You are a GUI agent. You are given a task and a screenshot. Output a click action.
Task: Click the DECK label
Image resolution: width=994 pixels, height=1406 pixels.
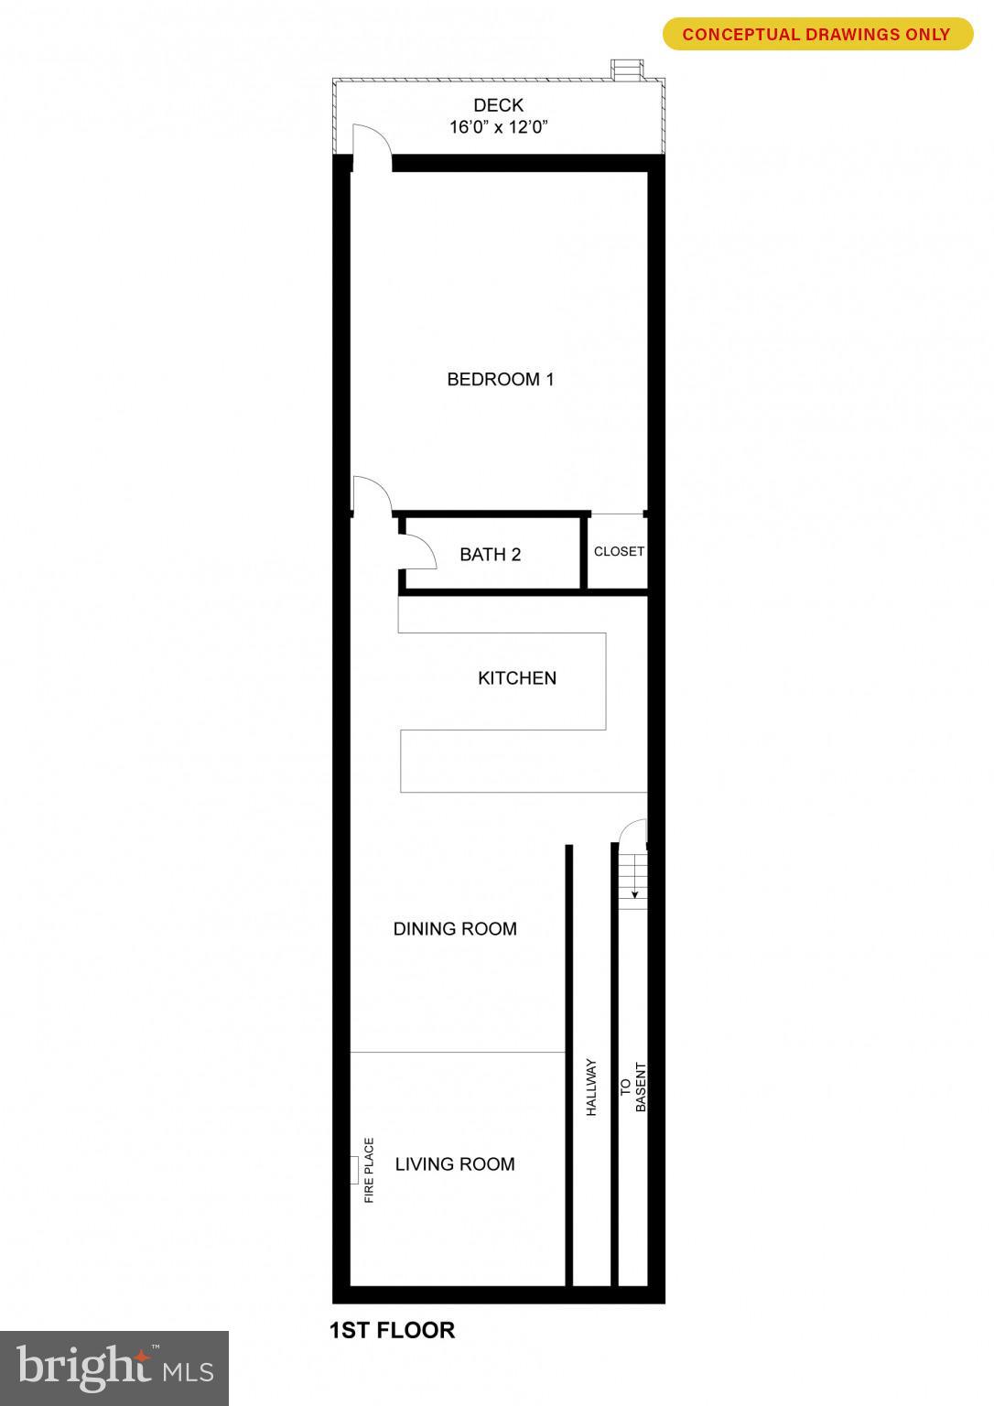pyautogui.click(x=498, y=105)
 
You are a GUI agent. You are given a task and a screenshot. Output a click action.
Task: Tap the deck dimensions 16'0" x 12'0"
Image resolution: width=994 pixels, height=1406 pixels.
pyautogui.click(x=498, y=127)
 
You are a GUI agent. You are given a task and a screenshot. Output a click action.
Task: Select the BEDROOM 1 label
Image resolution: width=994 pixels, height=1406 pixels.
pyautogui.click(x=500, y=379)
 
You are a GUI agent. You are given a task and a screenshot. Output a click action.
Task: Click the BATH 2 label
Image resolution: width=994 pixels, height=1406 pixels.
pyautogui.click(x=490, y=555)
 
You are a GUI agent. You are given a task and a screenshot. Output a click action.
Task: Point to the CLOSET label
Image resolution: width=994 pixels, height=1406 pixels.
pyautogui.click(x=619, y=552)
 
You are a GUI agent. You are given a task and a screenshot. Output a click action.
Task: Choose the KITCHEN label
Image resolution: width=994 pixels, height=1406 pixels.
pyautogui.click(x=517, y=678)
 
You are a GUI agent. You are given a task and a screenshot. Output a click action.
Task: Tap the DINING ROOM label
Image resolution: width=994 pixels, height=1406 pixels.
pyautogui.click(x=455, y=929)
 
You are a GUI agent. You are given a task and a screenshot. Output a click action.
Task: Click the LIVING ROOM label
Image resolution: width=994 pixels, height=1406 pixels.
pyautogui.click(x=455, y=1164)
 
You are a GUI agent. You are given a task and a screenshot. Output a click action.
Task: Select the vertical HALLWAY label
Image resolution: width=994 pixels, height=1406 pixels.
pyautogui.click(x=591, y=1087)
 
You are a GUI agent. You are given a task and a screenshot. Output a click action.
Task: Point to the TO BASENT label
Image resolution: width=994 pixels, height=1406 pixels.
pyautogui.click(x=632, y=1087)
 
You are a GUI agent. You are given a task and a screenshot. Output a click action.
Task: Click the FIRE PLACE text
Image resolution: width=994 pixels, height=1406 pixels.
pyautogui.click(x=369, y=1170)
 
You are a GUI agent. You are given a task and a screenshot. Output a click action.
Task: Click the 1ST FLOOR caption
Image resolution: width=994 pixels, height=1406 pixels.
pyautogui.click(x=392, y=1330)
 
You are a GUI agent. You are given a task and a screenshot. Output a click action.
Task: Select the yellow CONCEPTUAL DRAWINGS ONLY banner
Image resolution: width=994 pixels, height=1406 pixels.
pyautogui.click(x=816, y=35)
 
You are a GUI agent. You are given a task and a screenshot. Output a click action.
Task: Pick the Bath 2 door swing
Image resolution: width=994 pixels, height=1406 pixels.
pyautogui.click(x=416, y=550)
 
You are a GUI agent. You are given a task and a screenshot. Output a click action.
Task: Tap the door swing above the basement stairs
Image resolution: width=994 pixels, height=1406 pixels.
pyautogui.click(x=633, y=832)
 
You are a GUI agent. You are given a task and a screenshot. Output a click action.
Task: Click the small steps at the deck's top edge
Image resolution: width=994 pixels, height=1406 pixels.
pyautogui.click(x=626, y=70)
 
